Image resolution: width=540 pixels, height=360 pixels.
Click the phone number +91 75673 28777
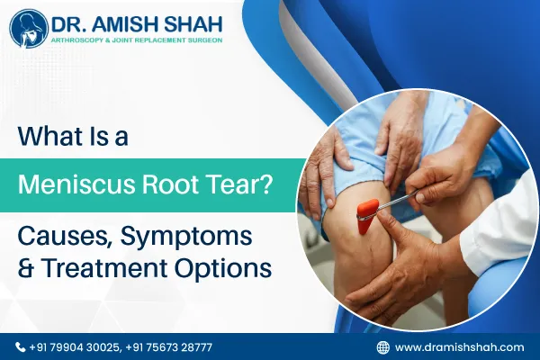pos(169,346)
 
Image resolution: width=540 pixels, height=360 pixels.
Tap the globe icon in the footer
pos(383,346)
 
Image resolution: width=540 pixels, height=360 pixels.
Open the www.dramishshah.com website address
pos(459,346)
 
